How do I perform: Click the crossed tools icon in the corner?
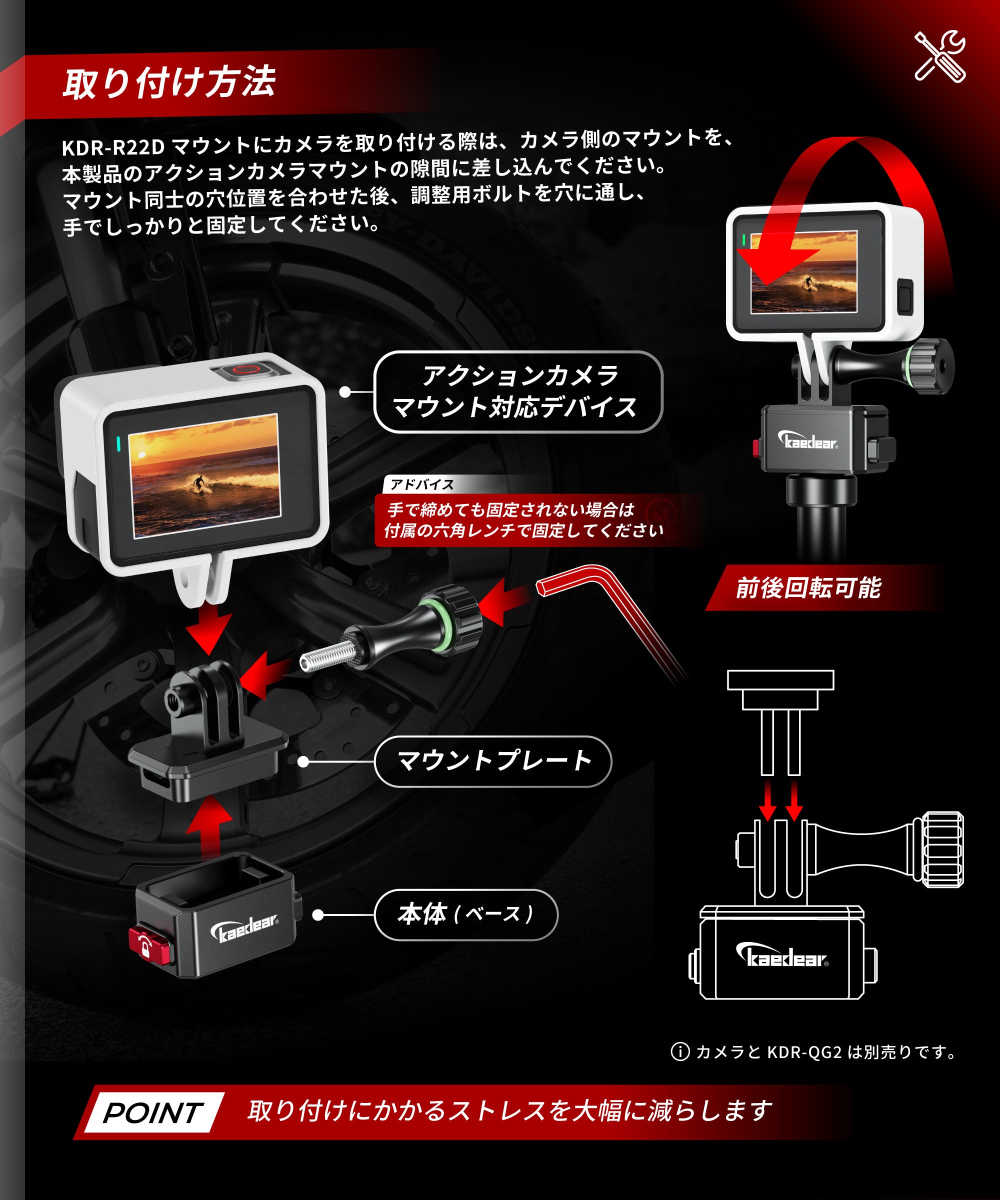pos(940,56)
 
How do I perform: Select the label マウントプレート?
pos(493,761)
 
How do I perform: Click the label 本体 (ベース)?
pos(465,914)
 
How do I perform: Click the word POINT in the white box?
pos(153,1112)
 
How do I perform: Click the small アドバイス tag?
pos(421,484)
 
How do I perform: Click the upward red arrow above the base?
pos(209,827)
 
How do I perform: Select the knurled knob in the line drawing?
pos(941,849)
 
